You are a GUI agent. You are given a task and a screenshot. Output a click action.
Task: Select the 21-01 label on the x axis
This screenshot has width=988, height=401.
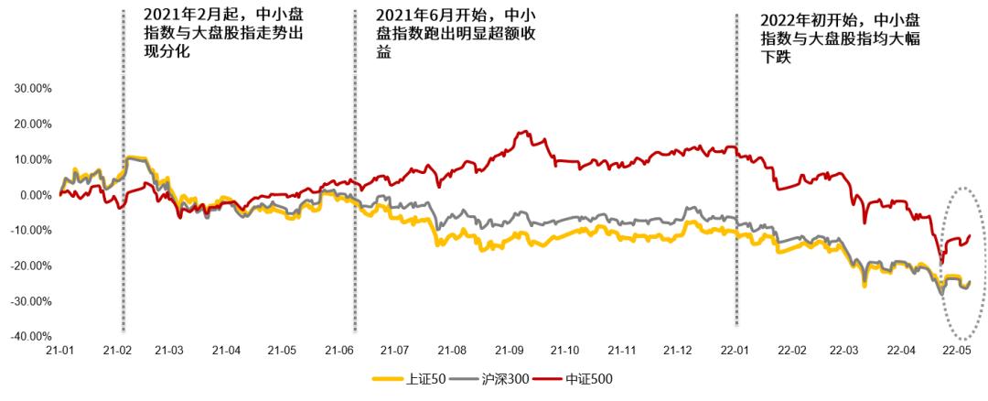59,351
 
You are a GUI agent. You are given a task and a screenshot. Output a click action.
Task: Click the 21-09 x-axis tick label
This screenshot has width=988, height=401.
510,351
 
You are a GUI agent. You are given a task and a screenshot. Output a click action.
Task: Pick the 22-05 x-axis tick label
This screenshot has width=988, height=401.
958,351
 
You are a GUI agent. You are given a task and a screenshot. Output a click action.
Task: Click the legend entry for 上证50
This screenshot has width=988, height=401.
410,378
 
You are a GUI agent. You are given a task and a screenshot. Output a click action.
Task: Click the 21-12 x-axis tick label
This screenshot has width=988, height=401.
679,351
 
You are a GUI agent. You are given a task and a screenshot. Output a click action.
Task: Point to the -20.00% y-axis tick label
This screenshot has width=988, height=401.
30,266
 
